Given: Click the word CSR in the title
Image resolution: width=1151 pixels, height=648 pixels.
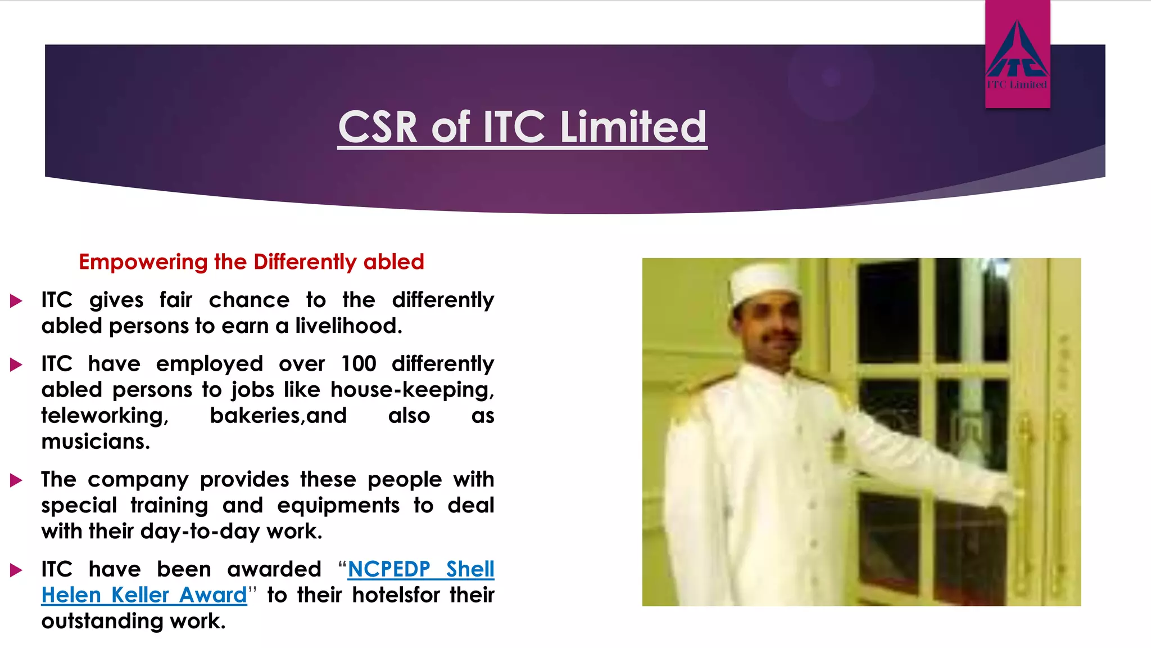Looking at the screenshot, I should click(x=378, y=127).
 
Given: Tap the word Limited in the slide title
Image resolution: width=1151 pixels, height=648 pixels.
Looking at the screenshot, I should click(x=633, y=127).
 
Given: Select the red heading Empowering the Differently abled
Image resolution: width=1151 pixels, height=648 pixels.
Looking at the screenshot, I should click(x=251, y=262).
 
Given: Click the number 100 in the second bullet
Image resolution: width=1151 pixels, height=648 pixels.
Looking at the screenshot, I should click(x=359, y=364).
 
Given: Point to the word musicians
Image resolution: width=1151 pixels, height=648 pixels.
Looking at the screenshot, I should click(x=96, y=442).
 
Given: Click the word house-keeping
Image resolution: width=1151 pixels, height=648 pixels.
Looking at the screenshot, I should click(x=411, y=390).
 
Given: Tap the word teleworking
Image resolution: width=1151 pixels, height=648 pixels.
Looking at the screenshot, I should click(x=105, y=416).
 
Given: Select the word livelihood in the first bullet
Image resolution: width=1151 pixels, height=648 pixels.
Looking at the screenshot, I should click(x=348, y=326).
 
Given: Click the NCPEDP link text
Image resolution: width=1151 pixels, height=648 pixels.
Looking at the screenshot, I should click(x=389, y=569).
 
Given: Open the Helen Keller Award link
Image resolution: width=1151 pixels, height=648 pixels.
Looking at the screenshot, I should click(x=144, y=595).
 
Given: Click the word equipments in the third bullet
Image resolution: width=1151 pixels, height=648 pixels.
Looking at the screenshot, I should click(x=338, y=506).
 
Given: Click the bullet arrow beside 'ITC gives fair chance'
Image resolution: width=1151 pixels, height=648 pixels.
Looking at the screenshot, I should click(x=16, y=301).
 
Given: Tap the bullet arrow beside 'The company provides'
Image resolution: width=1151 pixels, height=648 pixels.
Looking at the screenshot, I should click(x=16, y=480).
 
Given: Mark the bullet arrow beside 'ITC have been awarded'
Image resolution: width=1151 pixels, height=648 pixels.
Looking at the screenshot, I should click(x=16, y=570).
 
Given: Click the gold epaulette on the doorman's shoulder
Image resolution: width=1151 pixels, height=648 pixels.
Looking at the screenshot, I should click(x=700, y=394).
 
